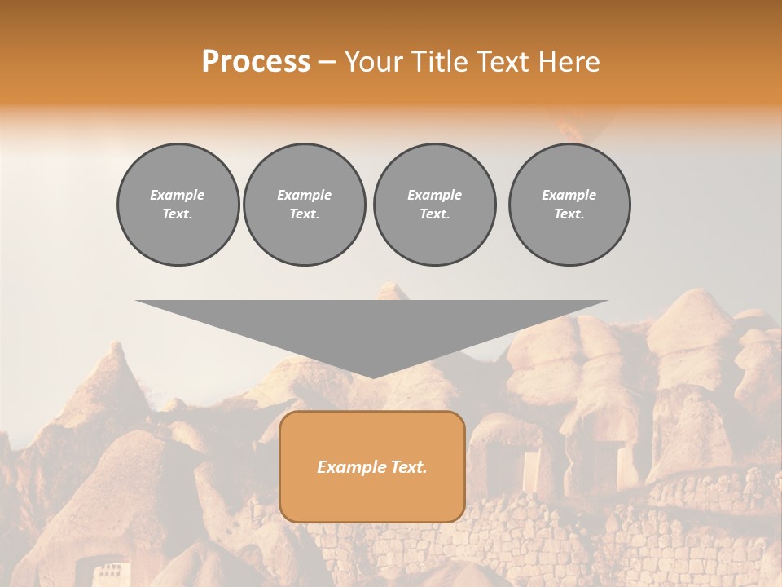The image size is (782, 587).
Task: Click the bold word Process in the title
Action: click(256, 62)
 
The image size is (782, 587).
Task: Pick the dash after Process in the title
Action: click(327, 63)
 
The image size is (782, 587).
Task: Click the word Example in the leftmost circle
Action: click(178, 195)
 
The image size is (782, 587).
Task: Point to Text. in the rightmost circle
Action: click(569, 214)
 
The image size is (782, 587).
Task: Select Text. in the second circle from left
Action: click(305, 214)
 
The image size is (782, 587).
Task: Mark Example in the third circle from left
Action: click(435, 195)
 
